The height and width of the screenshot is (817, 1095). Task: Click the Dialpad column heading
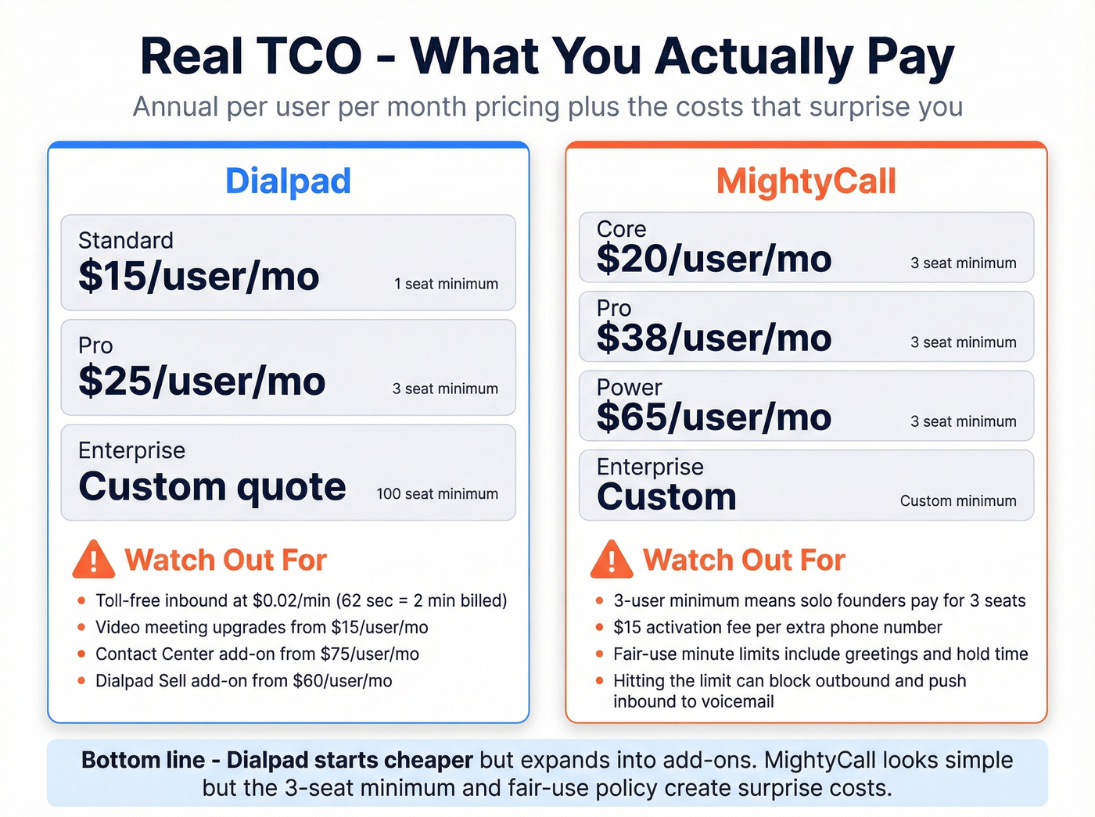coord(288,181)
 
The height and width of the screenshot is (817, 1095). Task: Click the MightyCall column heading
coord(806,181)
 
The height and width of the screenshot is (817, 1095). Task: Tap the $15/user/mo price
coord(199,277)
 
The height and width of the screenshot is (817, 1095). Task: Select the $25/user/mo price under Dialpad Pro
coord(202,382)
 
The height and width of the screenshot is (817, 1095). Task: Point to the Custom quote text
coord(212,487)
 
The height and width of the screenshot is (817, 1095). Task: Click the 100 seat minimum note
coord(437,494)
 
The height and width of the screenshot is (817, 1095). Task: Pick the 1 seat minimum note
coord(446,284)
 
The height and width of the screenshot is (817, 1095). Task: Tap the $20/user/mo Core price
coord(713,260)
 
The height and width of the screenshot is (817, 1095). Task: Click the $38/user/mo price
coord(713,339)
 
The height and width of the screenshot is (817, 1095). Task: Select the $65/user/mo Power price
coord(713,417)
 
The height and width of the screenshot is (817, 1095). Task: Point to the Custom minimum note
coord(958,501)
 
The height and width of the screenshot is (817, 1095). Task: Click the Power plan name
coord(629,387)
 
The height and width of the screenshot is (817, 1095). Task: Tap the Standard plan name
coord(126,240)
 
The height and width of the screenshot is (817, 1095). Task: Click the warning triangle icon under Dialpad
coord(94,560)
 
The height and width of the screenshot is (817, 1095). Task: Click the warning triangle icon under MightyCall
coord(612,560)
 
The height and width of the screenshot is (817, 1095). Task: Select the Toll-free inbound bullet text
coord(301,600)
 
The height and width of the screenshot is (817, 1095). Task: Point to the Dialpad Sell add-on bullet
coord(243,681)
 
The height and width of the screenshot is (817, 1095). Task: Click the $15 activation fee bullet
coord(777,627)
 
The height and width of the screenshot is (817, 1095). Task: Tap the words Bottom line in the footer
coord(143,760)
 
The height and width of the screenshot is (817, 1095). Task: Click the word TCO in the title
coord(310,56)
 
